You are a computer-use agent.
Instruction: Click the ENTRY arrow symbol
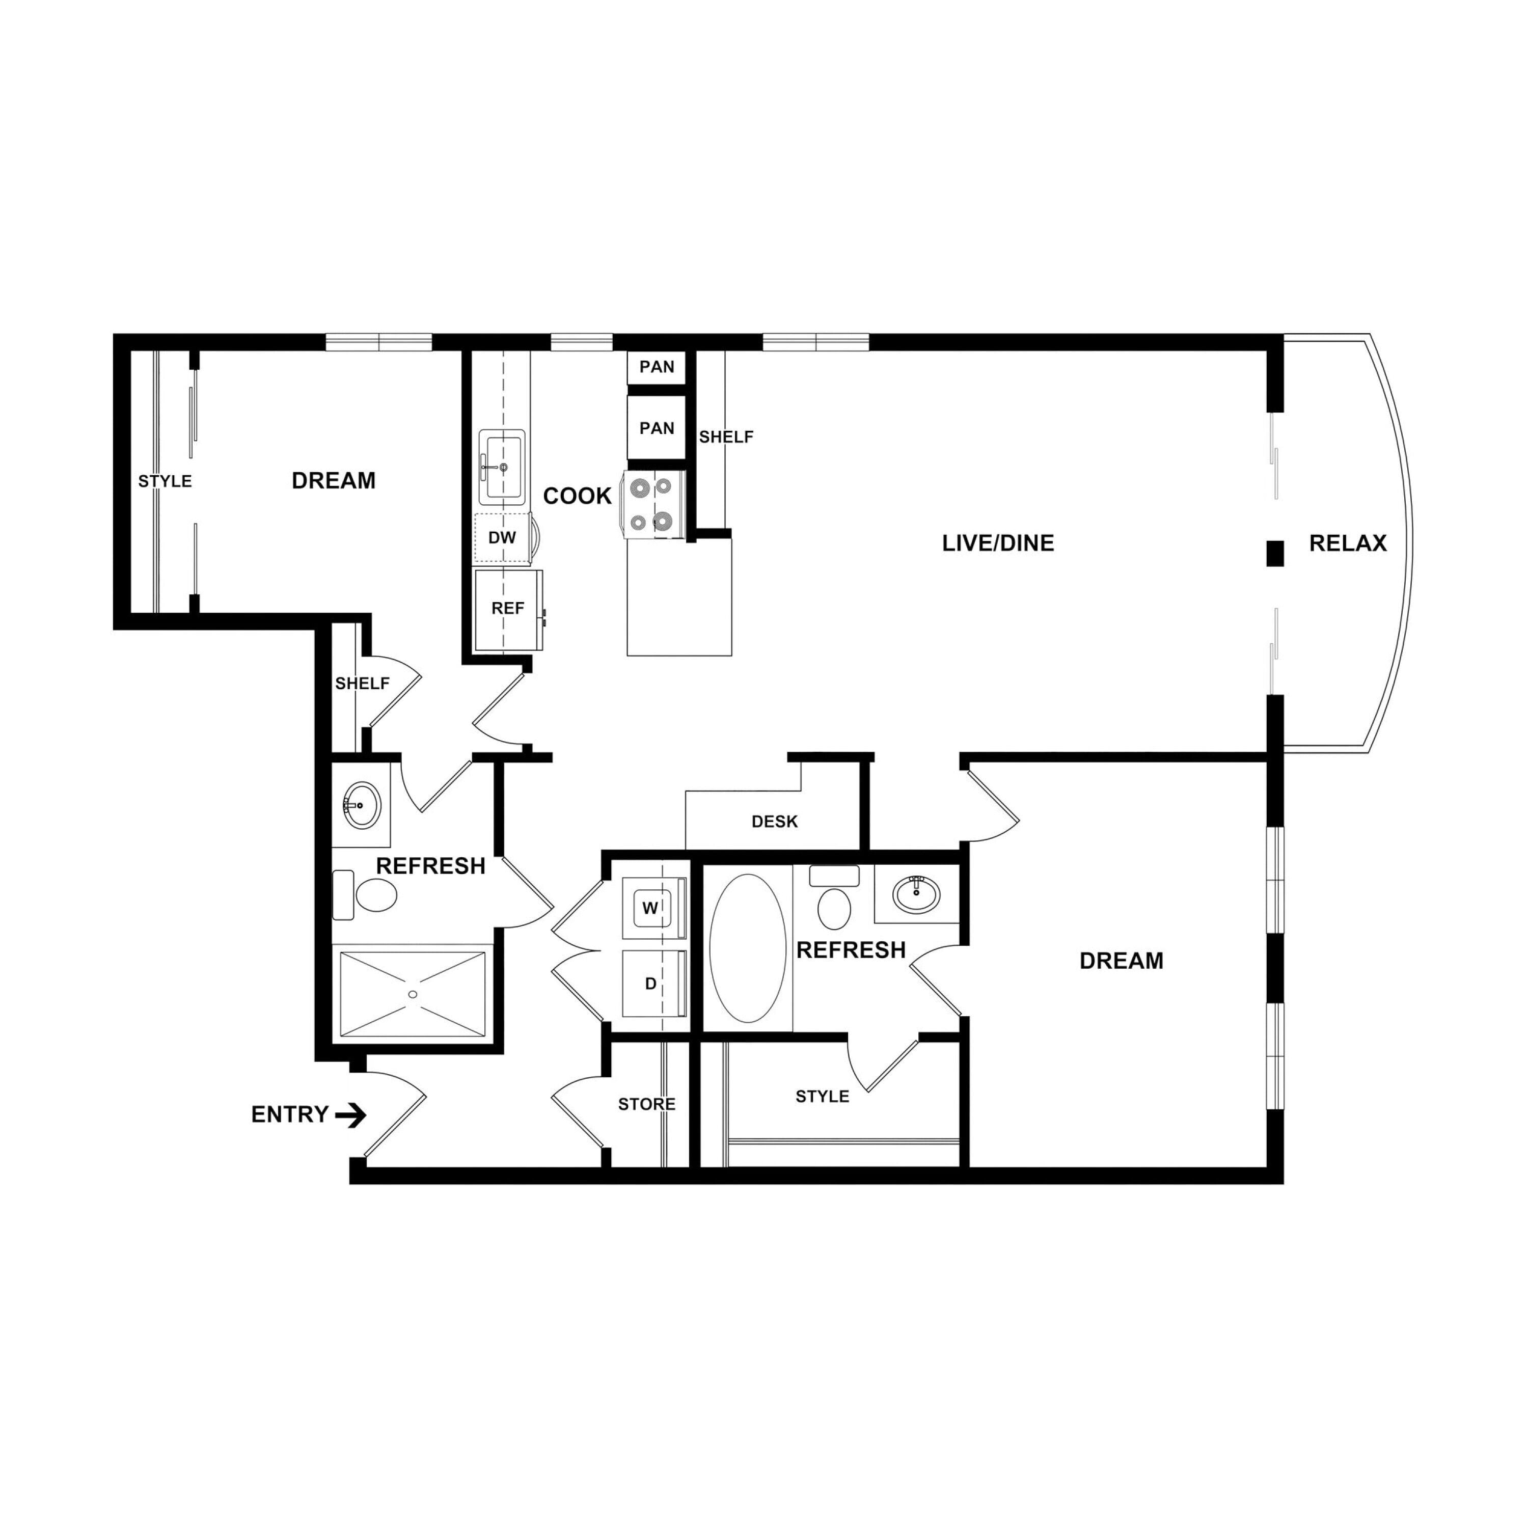tap(350, 1115)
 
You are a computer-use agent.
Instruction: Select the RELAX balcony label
tap(1348, 543)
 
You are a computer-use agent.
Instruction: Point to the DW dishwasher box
tap(502, 538)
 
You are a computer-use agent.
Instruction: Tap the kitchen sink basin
tap(501, 467)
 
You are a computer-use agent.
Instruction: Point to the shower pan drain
tap(412, 994)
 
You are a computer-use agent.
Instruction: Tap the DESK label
tap(774, 822)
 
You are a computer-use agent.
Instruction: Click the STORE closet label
tap(646, 1104)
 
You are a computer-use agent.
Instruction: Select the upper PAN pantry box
tap(657, 367)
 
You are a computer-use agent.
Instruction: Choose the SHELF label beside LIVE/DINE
tap(726, 436)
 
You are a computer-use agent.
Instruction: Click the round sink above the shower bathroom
tap(362, 805)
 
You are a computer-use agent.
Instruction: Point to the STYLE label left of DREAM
tap(165, 481)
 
